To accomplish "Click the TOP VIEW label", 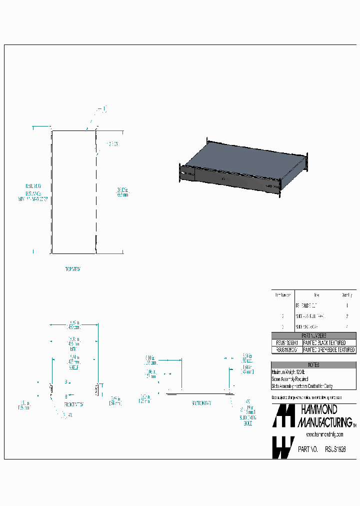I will tap(73, 269).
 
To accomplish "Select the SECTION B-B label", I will tap(201, 402).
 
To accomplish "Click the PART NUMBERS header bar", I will tap(313, 336).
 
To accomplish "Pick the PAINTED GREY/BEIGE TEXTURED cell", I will tap(329, 350).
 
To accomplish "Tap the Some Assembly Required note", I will tap(290, 379).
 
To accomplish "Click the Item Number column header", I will tap(283, 295).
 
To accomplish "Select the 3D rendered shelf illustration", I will tap(243, 165).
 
